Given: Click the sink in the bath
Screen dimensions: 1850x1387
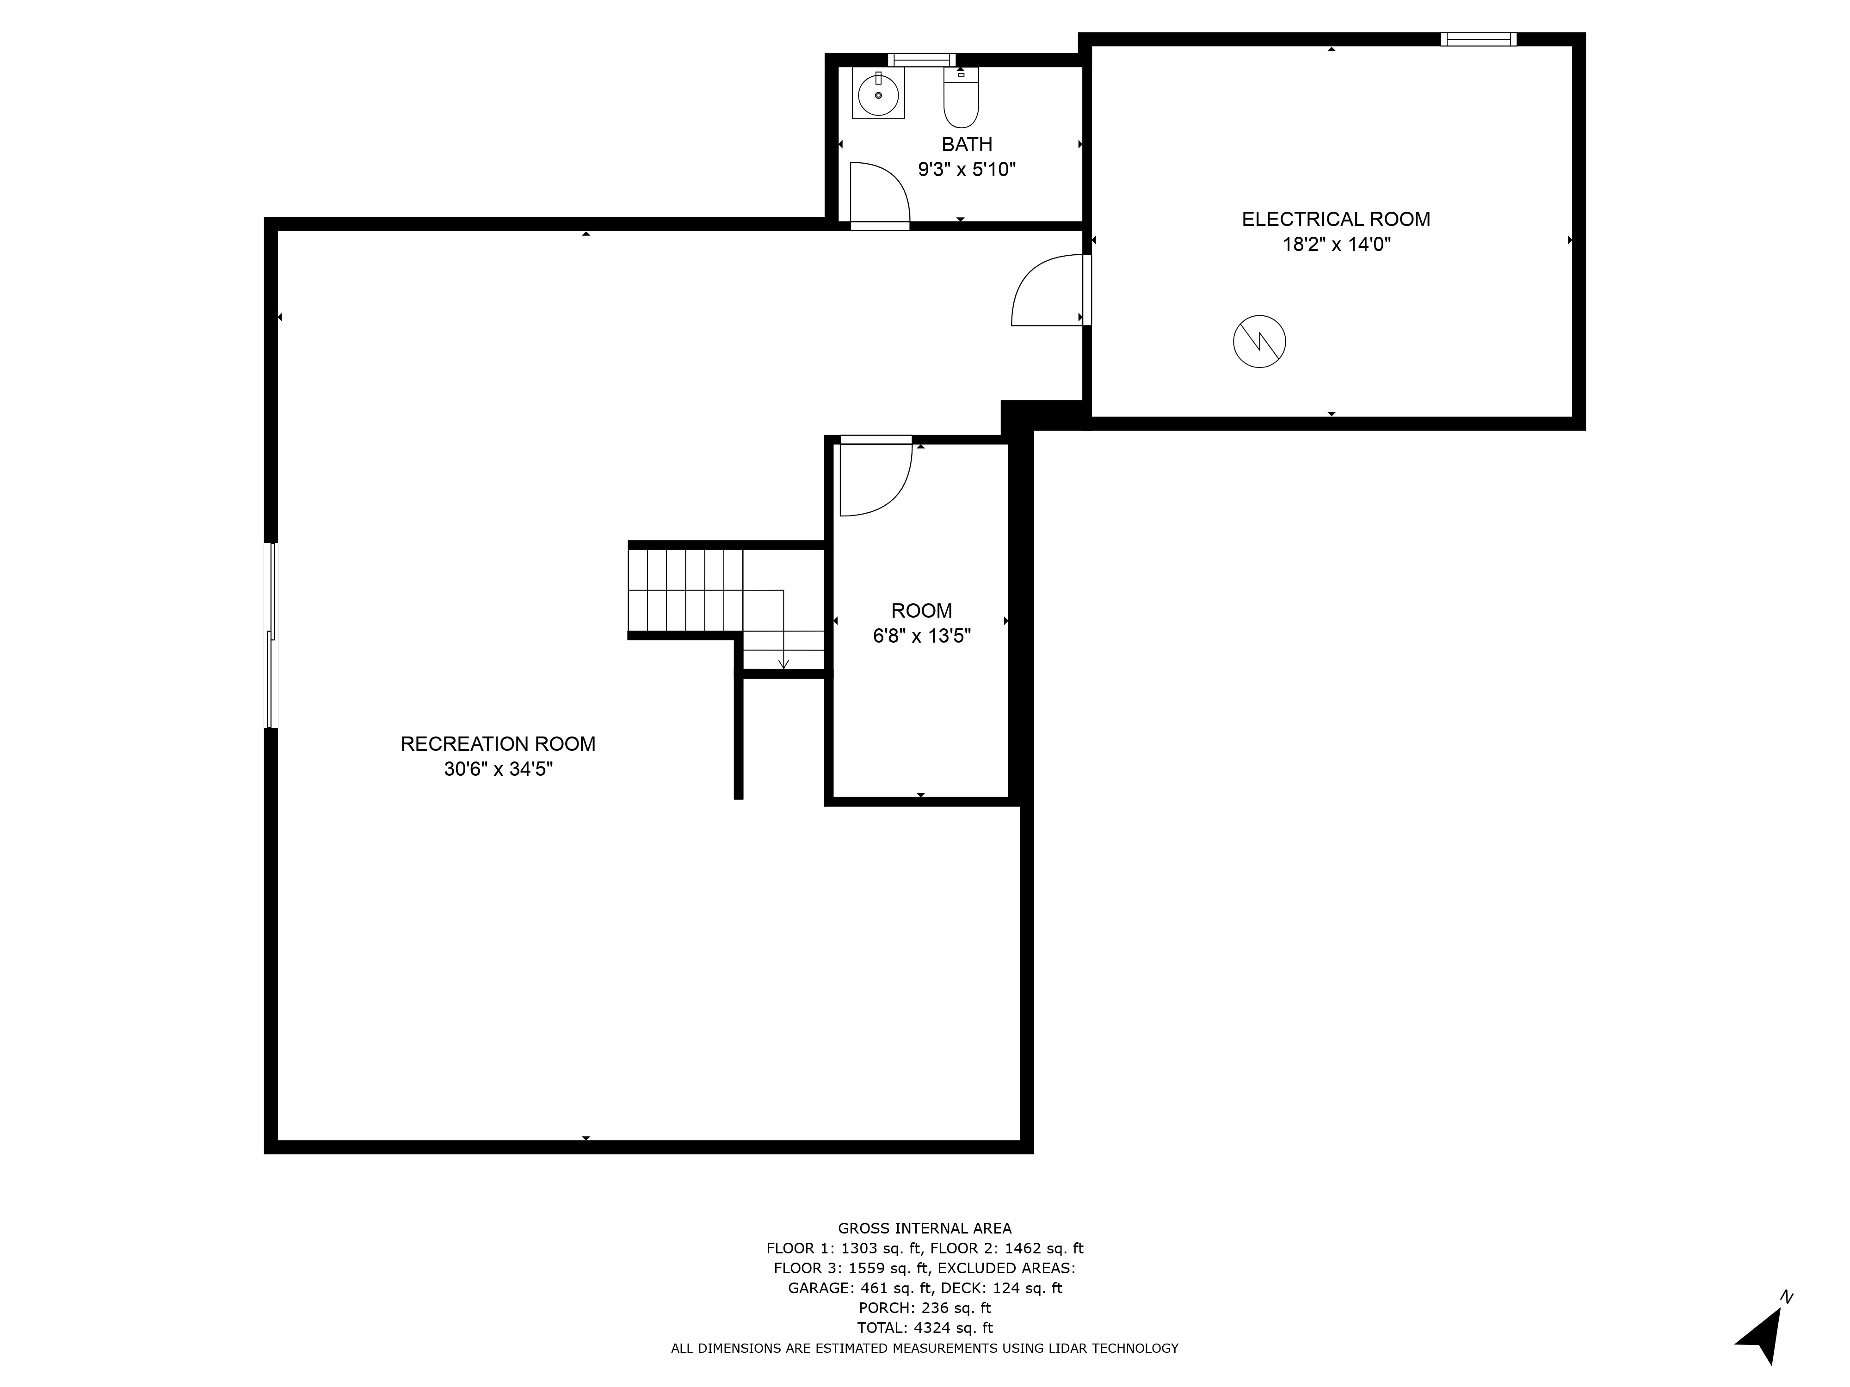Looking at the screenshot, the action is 878,94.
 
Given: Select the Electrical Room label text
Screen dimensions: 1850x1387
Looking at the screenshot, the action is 1336,219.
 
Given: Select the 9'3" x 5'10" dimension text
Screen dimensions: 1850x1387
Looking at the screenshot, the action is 967,170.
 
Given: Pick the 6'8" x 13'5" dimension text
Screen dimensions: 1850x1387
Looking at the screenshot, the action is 922,636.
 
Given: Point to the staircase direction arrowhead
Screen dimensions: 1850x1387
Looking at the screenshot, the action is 783,664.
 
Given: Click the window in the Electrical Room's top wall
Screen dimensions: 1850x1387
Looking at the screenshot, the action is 1479,38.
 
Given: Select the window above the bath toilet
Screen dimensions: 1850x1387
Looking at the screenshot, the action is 922,59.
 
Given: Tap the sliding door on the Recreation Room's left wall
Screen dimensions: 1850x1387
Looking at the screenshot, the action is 270,635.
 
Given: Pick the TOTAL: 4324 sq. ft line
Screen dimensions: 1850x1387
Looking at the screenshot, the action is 925,1328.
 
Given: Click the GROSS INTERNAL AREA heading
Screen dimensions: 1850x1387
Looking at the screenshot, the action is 925,1228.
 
